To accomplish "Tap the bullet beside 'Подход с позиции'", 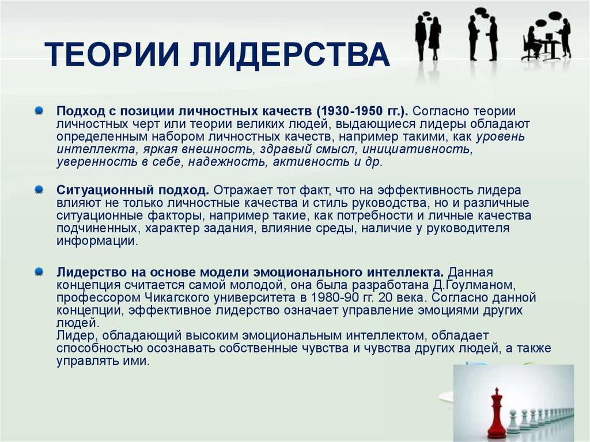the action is point(39,111).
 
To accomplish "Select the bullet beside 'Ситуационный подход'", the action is point(39,190).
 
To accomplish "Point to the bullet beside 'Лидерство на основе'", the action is point(39,271).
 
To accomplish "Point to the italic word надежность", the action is point(227,163).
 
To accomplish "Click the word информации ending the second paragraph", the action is point(97,241).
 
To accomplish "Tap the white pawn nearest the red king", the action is point(513,422).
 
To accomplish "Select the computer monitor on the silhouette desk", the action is point(549,37).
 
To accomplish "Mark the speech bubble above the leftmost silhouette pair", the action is point(427,16).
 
